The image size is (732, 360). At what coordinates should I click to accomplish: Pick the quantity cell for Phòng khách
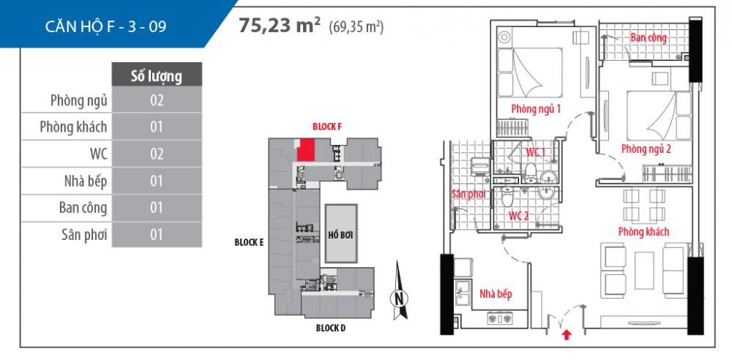156,127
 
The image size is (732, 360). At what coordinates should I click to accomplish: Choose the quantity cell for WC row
156,154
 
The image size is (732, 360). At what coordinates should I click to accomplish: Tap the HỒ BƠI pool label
341,234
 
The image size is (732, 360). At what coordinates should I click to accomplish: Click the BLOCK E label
249,242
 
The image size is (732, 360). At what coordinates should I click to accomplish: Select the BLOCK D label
331,328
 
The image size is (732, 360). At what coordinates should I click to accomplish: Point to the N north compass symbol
398,296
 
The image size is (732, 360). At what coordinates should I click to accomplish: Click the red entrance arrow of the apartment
567,335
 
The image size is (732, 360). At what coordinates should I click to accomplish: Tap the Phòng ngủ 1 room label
536,109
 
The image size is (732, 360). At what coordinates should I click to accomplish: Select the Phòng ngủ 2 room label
646,149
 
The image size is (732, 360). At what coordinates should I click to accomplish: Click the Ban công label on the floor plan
648,38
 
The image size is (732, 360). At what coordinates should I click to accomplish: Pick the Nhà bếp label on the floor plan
496,294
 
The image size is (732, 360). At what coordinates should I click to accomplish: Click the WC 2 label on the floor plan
518,216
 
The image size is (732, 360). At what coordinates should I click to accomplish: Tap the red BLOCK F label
327,126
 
